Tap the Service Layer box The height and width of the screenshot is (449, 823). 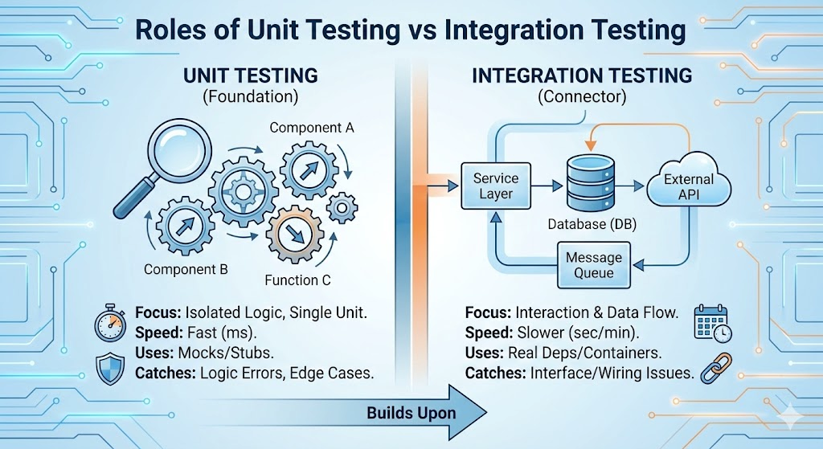click(x=496, y=186)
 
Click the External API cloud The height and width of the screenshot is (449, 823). click(x=689, y=187)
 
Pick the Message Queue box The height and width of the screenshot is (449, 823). click(x=594, y=266)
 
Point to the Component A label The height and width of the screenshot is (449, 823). click(x=311, y=128)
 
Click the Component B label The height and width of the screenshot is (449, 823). click(x=186, y=270)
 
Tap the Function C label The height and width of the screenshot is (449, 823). click(x=297, y=280)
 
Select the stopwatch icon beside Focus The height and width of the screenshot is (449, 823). click(x=110, y=324)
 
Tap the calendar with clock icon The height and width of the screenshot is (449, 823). click(x=711, y=322)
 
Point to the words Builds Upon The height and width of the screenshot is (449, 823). click(x=411, y=414)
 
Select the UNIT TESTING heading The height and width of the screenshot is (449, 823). click(x=251, y=76)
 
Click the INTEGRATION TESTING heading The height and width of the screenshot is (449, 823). click(x=582, y=76)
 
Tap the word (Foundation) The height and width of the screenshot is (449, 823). click(x=251, y=96)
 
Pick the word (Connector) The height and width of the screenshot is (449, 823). click(x=582, y=96)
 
